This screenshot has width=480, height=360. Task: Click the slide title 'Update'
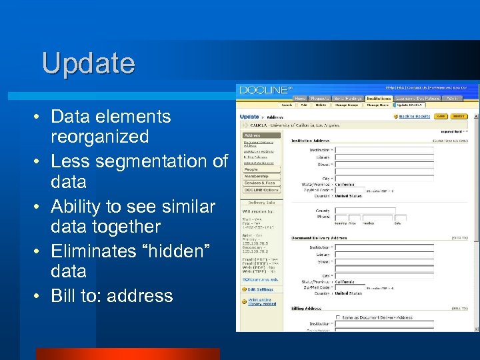[88, 63]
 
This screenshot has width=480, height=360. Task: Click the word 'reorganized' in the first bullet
[99, 137]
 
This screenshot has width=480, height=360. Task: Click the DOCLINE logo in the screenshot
[265, 89]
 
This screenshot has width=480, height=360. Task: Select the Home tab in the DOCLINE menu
[301, 98]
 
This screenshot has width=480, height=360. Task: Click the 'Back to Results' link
[414, 116]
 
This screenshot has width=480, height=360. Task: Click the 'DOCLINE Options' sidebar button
[260, 190]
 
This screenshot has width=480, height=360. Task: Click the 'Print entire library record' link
[261, 301]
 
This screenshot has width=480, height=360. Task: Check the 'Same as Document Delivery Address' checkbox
[339, 318]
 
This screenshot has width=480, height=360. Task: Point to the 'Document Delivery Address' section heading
[319, 237]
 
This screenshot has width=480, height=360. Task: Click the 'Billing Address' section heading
[307, 309]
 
